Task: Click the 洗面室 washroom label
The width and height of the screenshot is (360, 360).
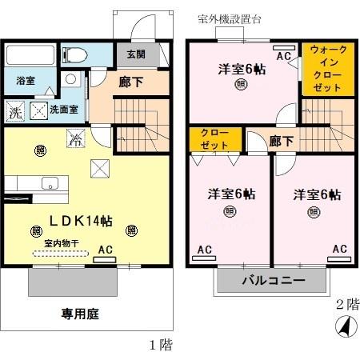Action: (63, 109)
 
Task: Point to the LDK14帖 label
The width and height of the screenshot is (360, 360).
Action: (83, 219)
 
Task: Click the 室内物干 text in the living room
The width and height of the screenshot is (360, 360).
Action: (61, 242)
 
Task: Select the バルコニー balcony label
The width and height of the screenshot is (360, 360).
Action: (272, 282)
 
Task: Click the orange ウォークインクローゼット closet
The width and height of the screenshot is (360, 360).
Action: (328, 70)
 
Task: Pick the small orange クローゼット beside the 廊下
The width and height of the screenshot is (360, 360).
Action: (214, 138)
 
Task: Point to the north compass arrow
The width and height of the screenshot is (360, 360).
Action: (344, 326)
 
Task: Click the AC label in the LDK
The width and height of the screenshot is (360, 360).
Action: (105, 250)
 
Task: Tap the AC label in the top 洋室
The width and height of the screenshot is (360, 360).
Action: (282, 56)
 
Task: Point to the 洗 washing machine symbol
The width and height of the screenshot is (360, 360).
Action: (15, 111)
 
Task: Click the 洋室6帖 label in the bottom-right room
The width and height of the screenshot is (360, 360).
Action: (316, 194)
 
